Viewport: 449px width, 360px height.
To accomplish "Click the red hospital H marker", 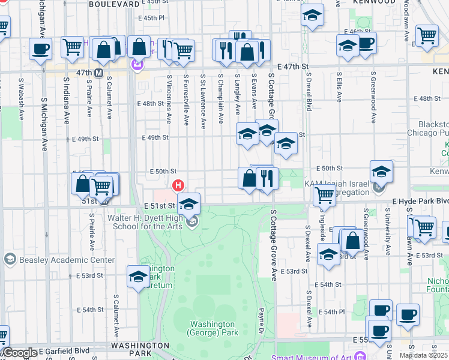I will (178, 185).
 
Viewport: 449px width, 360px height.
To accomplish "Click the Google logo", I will (19, 353).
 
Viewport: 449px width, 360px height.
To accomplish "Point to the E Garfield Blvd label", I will (63, 350).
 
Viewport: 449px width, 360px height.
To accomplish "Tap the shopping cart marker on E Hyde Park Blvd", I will (324, 194).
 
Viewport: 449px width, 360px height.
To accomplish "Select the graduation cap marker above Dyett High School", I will (188, 204).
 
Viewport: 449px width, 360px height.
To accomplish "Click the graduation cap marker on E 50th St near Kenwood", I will (381, 172).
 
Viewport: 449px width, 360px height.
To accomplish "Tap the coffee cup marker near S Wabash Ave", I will (41, 49).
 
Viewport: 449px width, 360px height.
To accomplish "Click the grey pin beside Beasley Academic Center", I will (10, 259).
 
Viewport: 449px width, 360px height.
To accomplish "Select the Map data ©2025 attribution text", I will (423, 355).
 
